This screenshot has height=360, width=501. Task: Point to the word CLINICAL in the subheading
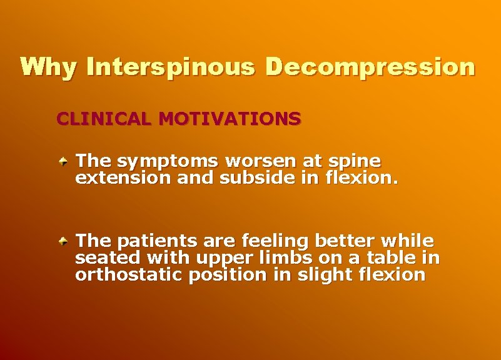[104, 118]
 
